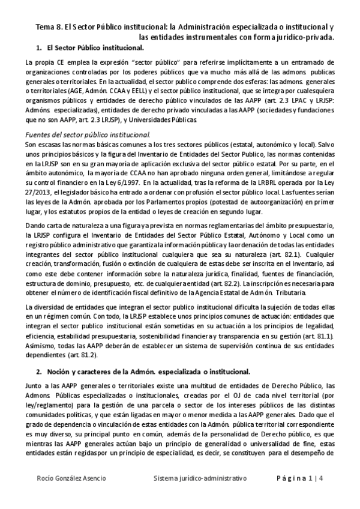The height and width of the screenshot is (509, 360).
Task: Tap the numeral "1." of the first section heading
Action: click(x=39, y=47)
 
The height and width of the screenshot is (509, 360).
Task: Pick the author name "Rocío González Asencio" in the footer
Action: click(x=69, y=478)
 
